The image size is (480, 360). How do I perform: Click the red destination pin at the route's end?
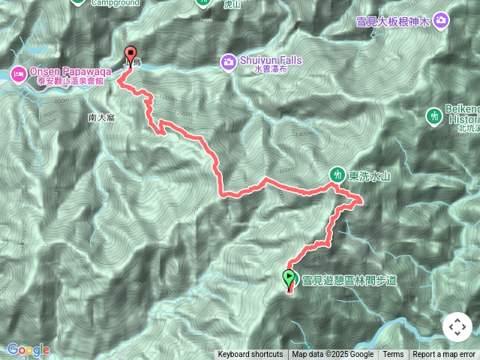131,55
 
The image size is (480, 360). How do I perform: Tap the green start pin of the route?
289,279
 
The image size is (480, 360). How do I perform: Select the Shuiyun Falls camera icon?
227,60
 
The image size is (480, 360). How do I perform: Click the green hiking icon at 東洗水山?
337,173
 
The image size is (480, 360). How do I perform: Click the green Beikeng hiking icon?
433,115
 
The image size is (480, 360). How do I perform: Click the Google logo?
28,349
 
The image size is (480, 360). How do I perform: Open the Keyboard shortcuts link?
250,355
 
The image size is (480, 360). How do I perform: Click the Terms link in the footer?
393,355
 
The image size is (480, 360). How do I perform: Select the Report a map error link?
444,355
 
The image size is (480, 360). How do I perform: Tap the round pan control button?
457,327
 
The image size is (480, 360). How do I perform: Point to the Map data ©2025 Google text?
332,355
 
